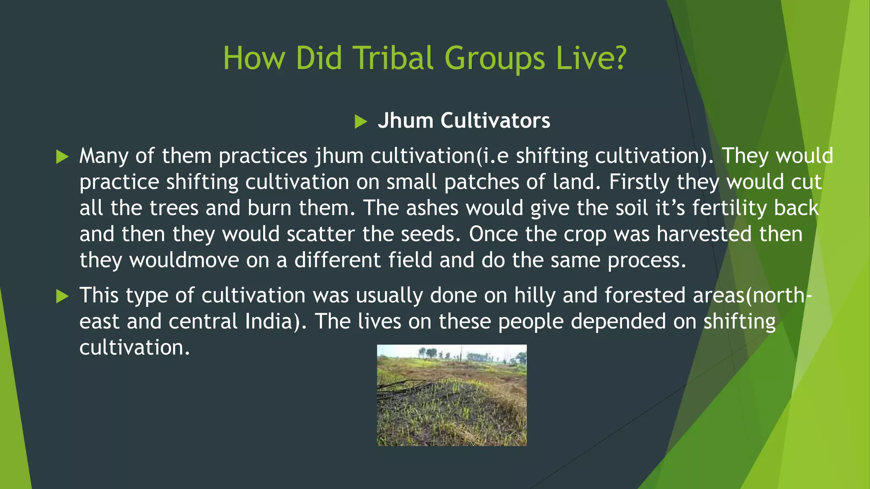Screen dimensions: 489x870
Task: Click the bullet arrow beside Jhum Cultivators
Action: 361,122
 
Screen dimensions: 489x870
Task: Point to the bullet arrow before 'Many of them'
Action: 62,157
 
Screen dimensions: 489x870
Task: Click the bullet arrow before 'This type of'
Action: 62,296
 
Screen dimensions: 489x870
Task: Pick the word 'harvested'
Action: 704,234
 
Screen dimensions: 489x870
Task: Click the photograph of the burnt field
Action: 452,395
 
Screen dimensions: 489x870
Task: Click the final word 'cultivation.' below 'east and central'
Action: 134,348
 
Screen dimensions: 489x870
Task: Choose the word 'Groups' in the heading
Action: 494,59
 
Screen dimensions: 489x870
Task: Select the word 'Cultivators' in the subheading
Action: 495,121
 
